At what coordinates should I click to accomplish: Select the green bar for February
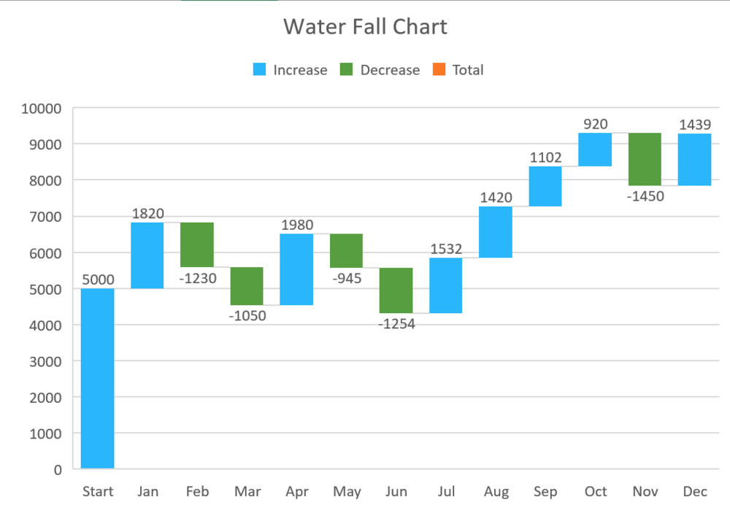click(x=197, y=244)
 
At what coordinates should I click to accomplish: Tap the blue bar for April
click(x=296, y=269)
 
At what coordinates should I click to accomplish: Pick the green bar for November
click(x=645, y=159)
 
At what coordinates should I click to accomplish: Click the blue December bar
click(x=694, y=159)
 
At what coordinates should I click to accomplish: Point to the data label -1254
click(x=396, y=324)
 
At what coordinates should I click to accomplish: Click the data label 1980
click(x=296, y=224)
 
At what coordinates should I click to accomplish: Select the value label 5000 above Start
click(x=97, y=279)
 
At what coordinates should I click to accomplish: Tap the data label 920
click(x=595, y=124)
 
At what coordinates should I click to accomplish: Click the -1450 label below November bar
click(x=645, y=196)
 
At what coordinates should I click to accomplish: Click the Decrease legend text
click(x=390, y=70)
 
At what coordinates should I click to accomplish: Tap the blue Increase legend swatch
click(x=260, y=70)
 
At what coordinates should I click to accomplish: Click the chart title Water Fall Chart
click(x=365, y=27)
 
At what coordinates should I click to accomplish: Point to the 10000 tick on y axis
click(x=42, y=109)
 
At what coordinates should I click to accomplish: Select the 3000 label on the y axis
click(x=45, y=361)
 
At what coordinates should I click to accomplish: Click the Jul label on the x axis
click(x=446, y=491)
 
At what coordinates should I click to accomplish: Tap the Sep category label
click(x=545, y=491)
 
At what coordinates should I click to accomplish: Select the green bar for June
click(x=396, y=290)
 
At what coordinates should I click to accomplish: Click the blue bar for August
click(x=496, y=232)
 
